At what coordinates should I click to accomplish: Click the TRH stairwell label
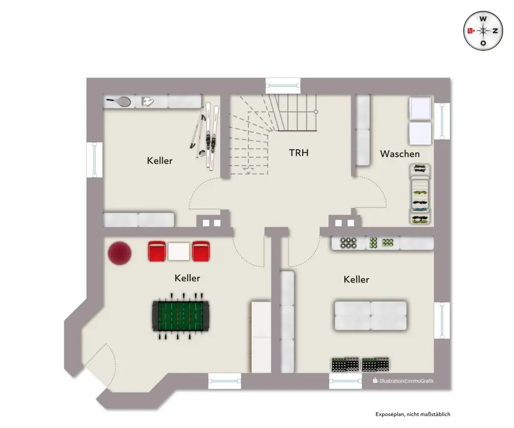coord(299,153)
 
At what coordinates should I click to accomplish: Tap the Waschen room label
coord(399,154)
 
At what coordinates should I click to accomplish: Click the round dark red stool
coord(120,253)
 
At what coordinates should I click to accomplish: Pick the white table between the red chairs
coord(179,251)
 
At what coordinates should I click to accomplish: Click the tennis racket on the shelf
coord(119,101)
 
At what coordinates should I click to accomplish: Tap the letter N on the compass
coord(495,31)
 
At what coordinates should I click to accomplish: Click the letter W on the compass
coord(483,19)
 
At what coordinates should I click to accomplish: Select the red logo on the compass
coord(471,31)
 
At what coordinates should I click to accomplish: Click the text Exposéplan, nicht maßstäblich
coord(413,414)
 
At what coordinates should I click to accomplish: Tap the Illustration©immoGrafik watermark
coord(403,381)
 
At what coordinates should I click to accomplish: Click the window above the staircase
coord(283,86)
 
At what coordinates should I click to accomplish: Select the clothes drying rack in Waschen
coord(420,194)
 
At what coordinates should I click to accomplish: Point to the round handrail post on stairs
coord(316,111)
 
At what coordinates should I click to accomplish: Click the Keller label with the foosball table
coord(187,278)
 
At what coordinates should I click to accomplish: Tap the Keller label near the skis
coord(160,161)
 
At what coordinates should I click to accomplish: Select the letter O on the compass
coord(483,43)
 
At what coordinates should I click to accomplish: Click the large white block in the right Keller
coord(371,315)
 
